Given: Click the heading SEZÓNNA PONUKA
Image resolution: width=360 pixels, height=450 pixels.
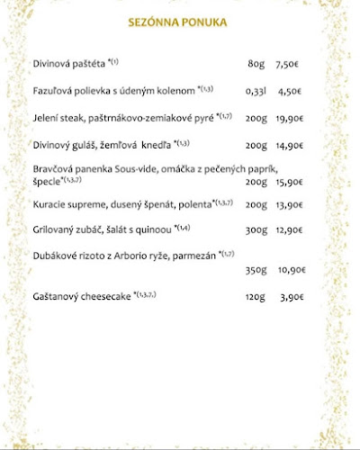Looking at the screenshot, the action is click(x=177, y=22).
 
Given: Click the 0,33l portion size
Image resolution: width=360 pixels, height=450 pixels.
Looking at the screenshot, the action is click(x=256, y=91).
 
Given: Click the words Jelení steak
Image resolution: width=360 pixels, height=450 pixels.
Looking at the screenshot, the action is click(x=58, y=117).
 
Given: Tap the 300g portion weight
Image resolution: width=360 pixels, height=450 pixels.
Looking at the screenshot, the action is click(x=256, y=230).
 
